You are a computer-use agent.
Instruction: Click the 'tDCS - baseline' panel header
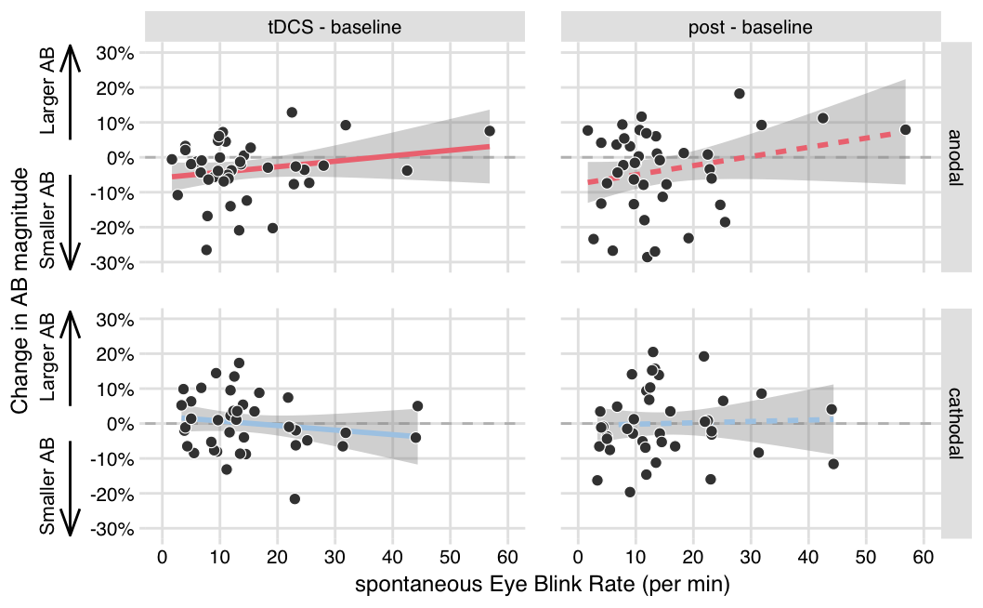coord(334,27)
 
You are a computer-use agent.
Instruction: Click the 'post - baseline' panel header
coord(750,27)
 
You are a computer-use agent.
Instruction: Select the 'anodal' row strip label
coord(956,157)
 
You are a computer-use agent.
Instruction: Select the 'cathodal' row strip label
coord(956,423)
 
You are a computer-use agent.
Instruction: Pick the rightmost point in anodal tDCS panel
coord(490,131)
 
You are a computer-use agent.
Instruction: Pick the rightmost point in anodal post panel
coord(905,129)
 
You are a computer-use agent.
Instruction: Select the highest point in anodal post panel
coord(740,94)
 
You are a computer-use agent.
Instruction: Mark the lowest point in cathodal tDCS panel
coord(295,499)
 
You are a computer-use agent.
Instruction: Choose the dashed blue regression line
coord(743,422)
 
